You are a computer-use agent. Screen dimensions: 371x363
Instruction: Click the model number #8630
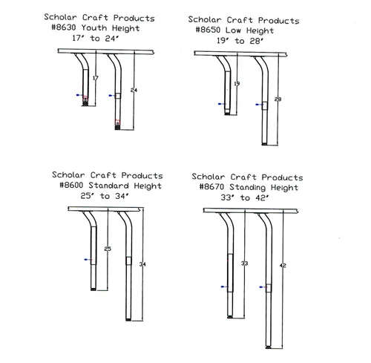pyautogui.click(x=64, y=27)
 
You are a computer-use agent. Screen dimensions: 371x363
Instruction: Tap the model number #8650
pyautogui.click(x=208, y=30)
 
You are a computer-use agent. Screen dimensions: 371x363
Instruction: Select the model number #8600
pyautogui.click(x=71, y=185)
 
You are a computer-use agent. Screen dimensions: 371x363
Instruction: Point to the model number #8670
pyautogui.click(x=211, y=186)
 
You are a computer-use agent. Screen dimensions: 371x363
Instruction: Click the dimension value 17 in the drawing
pyautogui.click(x=96, y=78)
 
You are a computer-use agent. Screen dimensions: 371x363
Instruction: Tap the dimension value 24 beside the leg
pyautogui.click(x=134, y=91)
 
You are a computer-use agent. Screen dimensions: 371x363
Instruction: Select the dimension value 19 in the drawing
pyautogui.click(x=237, y=84)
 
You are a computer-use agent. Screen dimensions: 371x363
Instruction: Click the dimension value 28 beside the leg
pyautogui.click(x=278, y=99)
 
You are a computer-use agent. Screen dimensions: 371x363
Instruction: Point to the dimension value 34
pyautogui.click(x=142, y=264)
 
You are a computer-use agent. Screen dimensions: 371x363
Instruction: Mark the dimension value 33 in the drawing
pyautogui.click(x=244, y=264)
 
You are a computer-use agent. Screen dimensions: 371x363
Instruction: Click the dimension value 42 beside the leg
pyautogui.click(x=283, y=266)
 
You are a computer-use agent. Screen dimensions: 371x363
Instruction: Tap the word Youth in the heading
pyautogui.click(x=94, y=27)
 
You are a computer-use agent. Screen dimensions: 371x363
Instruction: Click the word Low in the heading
pyautogui.click(x=233, y=30)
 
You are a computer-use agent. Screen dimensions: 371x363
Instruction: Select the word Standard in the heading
pyautogui.click(x=109, y=186)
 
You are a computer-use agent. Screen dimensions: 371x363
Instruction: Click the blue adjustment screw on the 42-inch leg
pyautogui.click(x=262, y=287)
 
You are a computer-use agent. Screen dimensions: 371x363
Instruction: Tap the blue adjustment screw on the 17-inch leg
pyautogui.click(x=79, y=95)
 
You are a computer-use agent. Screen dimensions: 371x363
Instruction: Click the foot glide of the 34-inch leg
pyautogui.click(x=128, y=319)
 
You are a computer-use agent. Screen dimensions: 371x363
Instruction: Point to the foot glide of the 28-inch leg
pyautogui.click(x=264, y=144)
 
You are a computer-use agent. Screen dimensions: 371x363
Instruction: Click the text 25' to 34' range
pyautogui.click(x=105, y=196)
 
